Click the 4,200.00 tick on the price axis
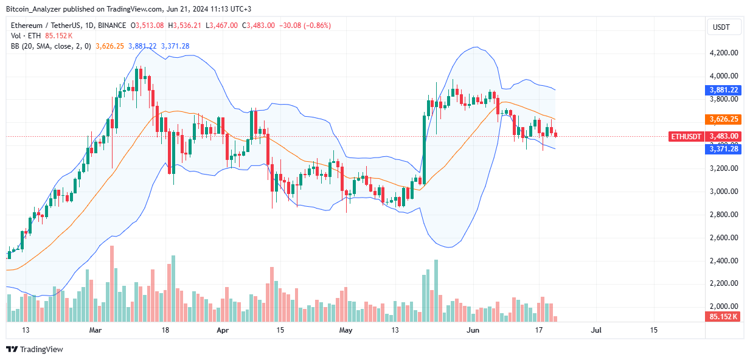pyautogui.click(x=723, y=53)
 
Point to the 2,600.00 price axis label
pyautogui.click(x=723, y=238)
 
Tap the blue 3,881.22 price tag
pyautogui.click(x=723, y=90)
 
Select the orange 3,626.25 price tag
pyautogui.click(x=723, y=119)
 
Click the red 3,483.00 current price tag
pyautogui.click(x=723, y=136)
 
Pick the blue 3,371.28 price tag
pyautogui.click(x=723, y=148)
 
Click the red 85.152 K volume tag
pyautogui.click(x=723, y=316)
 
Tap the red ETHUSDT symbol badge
pyautogui.click(x=687, y=136)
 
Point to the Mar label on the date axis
pyautogui.click(x=95, y=330)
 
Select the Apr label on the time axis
pyautogui.click(x=223, y=330)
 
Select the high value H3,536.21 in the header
pyautogui.click(x=189, y=26)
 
